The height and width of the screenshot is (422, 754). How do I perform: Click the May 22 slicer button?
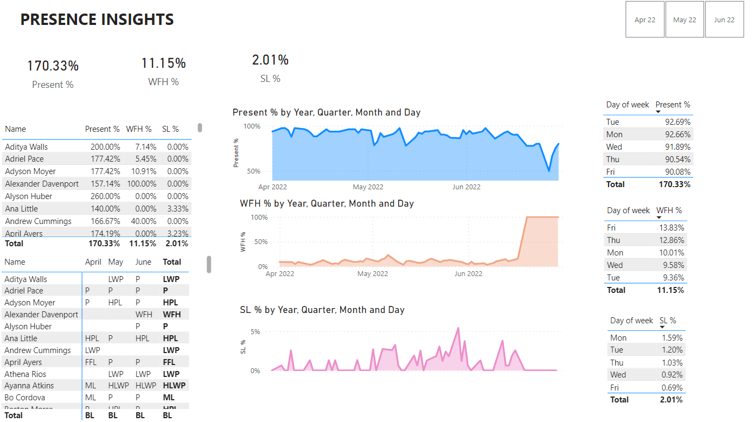point(685,20)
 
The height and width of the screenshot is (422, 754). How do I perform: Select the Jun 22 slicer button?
point(724,20)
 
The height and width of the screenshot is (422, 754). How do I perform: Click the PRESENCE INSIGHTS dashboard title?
point(97,20)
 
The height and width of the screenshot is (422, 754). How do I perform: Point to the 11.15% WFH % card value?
point(163,63)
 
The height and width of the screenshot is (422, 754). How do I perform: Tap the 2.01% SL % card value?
point(270,60)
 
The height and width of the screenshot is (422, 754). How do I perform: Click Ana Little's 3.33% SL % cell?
point(177,209)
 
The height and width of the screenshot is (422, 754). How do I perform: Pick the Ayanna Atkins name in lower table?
point(29,386)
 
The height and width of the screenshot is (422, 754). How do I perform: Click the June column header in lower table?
point(143,262)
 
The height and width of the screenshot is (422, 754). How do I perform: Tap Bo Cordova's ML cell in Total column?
point(169,398)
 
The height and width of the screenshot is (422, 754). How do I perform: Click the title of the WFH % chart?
point(327,203)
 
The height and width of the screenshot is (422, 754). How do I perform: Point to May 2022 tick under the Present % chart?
point(368,187)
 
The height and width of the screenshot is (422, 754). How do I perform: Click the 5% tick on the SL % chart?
point(255,331)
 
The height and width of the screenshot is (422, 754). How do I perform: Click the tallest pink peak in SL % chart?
point(458,328)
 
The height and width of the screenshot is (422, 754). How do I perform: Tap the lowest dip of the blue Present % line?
point(549,171)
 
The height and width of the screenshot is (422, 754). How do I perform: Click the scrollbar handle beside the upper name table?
point(200,128)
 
